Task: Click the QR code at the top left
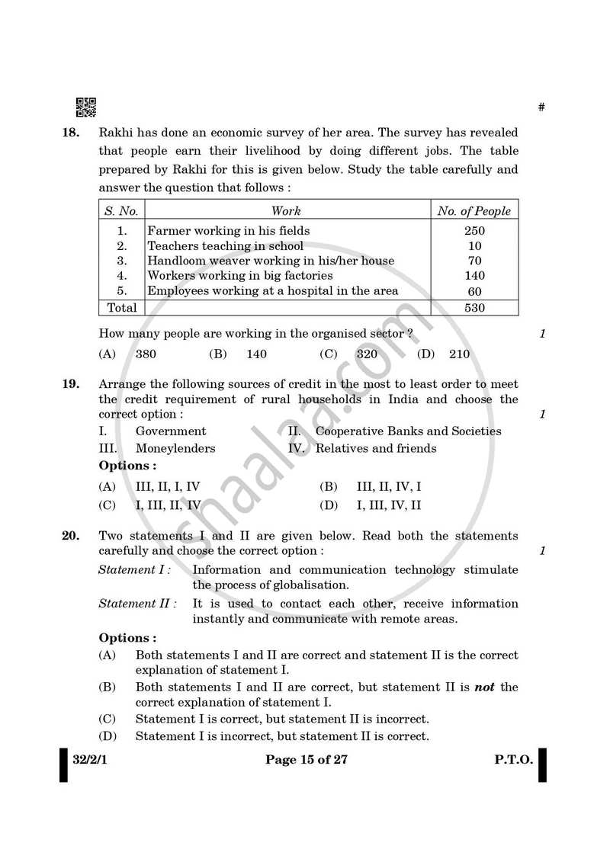point(86,108)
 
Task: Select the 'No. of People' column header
point(474,211)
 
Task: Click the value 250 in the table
point(474,231)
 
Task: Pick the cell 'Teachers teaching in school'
point(225,245)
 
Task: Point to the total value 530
point(474,308)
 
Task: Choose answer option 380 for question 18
point(146,354)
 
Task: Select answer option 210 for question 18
point(459,354)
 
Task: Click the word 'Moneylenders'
point(175,448)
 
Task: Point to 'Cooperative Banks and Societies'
point(408,431)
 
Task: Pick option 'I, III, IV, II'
point(389,505)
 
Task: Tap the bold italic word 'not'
point(484,687)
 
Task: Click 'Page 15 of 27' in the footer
point(306,759)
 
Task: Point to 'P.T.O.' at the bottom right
point(512,759)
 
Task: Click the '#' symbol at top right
point(541,107)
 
